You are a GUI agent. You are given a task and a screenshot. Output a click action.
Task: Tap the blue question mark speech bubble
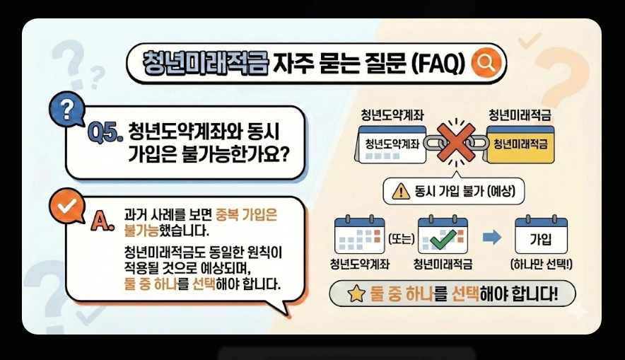[x=66, y=109]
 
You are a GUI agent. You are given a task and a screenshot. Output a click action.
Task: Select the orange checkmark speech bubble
[x=67, y=205]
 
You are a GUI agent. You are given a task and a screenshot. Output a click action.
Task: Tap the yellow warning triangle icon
[x=400, y=190]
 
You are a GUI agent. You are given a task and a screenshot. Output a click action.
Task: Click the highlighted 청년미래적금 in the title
[x=206, y=62]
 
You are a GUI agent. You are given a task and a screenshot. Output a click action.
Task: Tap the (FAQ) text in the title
[x=438, y=63]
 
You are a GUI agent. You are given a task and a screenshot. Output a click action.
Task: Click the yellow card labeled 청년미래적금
[x=522, y=144]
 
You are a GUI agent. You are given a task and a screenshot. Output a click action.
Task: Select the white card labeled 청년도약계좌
[x=391, y=144]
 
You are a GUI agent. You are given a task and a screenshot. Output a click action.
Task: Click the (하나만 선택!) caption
[x=542, y=265]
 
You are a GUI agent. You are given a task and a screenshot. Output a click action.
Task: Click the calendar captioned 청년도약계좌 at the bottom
[x=360, y=236]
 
